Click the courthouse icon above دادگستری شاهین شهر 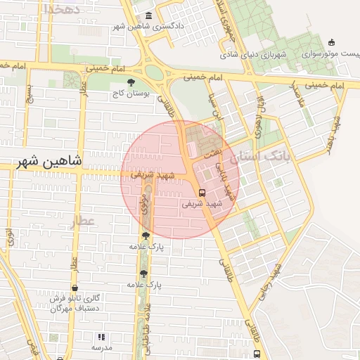pos(148,16)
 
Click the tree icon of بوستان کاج pos(131,82)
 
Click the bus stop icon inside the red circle pos(202,192)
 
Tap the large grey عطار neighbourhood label pos(82,222)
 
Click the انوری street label pos(10,236)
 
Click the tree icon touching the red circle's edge pos(146,237)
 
